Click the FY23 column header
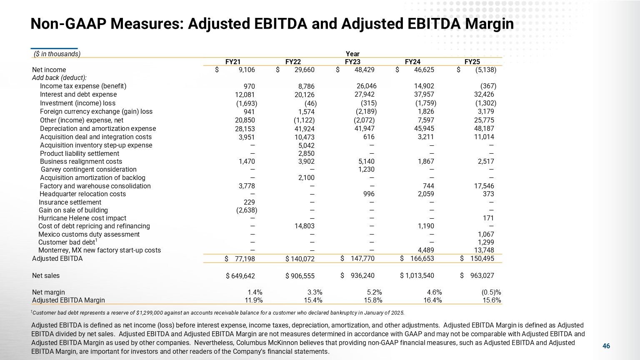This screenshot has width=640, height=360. [x=352, y=62]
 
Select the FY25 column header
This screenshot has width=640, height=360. [x=472, y=62]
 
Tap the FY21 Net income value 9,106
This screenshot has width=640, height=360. [x=247, y=70]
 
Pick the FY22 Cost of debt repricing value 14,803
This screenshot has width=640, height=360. [x=304, y=226]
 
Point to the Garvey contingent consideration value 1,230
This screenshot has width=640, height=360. [x=366, y=170]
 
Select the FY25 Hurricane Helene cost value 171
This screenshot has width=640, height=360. [x=488, y=218]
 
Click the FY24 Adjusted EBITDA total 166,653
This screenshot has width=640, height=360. [x=422, y=259]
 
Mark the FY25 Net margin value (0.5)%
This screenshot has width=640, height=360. [x=491, y=292]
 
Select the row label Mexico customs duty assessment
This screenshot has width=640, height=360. [x=89, y=235]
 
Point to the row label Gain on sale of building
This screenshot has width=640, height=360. [x=73, y=210]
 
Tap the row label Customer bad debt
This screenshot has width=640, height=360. [x=67, y=242]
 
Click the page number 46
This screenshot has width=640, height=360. [x=606, y=346]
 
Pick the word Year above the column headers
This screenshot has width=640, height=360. [x=352, y=54]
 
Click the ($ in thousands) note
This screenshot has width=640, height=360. [x=57, y=54]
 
